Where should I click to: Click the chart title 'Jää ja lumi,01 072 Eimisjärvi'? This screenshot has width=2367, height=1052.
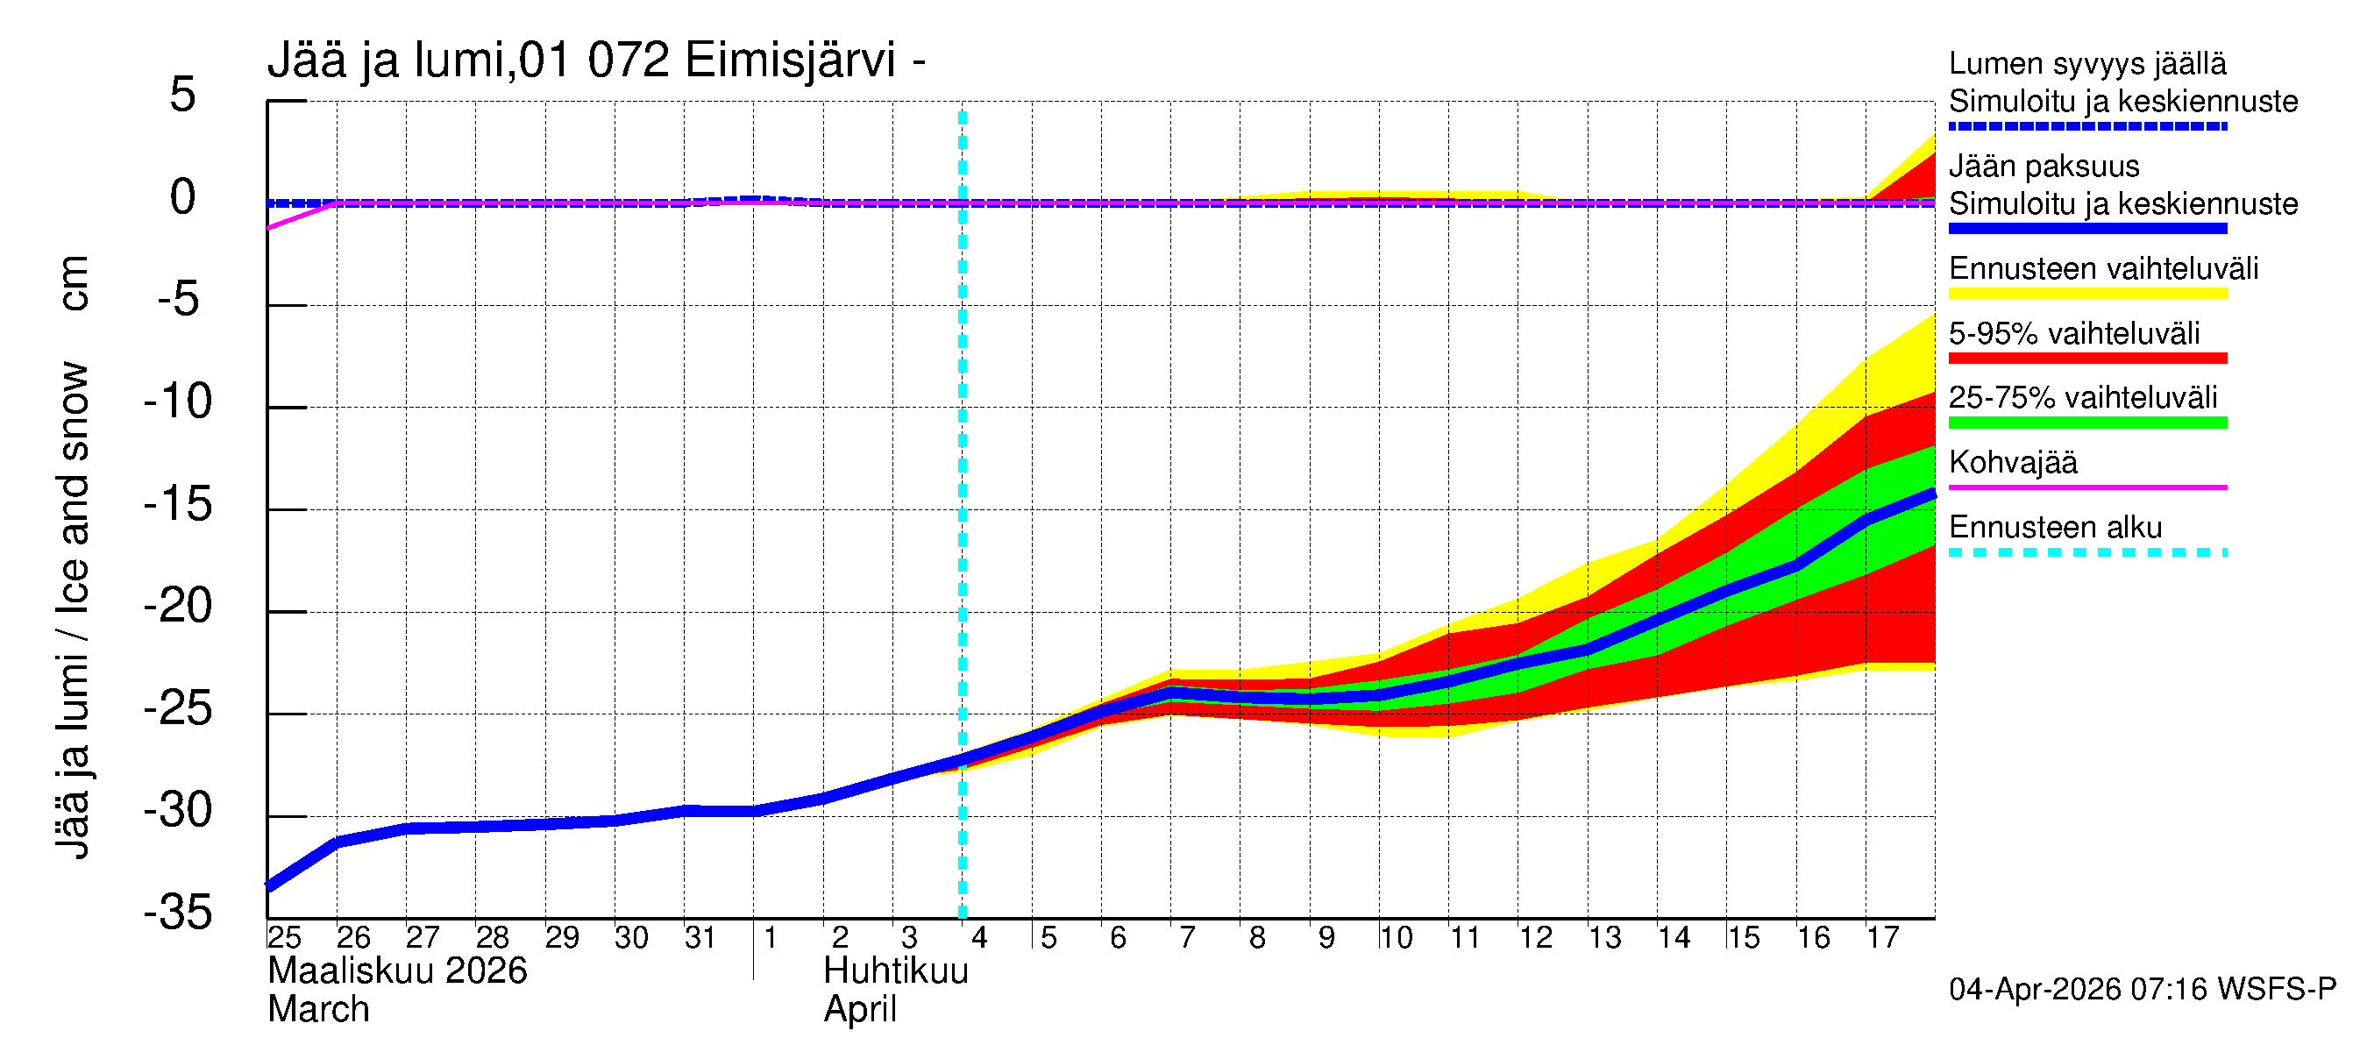[595, 60]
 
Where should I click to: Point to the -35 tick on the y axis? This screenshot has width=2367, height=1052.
[178, 913]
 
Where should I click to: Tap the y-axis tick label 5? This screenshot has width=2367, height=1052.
[183, 96]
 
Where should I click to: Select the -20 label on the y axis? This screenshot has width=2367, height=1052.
[178, 607]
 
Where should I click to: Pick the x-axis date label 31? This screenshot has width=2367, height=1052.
[700, 938]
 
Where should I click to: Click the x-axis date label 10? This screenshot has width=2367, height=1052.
[1396, 938]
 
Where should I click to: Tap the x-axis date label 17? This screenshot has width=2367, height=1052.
[1882, 938]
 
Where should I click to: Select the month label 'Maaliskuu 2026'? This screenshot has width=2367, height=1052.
[397, 971]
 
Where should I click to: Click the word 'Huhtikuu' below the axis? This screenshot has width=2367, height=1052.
[896, 971]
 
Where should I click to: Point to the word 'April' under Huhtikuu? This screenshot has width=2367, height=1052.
[859, 1010]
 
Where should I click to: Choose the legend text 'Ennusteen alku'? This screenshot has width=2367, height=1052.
[2056, 528]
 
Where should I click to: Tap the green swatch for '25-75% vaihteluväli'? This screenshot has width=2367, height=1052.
[2086, 423]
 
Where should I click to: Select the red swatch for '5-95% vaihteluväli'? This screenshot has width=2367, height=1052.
[2086, 359]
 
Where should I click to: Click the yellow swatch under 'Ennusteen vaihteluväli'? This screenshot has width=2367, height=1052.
[2086, 294]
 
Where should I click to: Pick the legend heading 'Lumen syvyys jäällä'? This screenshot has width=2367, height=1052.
[2087, 64]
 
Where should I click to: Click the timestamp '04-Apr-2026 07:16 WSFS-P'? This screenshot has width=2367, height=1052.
[2142, 990]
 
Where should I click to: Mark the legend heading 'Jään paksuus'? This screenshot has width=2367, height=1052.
[2044, 167]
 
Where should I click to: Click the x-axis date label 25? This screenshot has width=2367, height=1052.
[284, 938]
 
